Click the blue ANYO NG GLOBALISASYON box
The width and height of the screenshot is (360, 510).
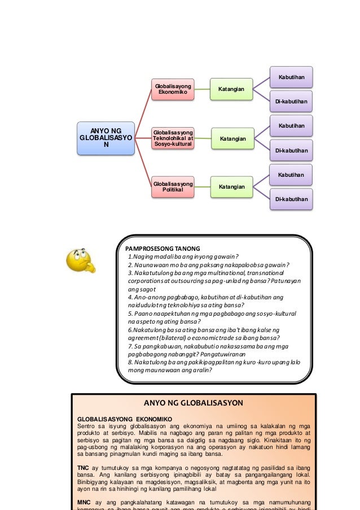click(x=99, y=138)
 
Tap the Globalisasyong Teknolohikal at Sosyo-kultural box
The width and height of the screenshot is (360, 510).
click(x=173, y=138)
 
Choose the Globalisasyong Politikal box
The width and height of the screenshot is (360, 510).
click(x=173, y=187)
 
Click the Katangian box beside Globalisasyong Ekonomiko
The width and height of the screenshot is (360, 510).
click(x=231, y=89)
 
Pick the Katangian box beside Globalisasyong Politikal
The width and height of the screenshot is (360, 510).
click(x=231, y=186)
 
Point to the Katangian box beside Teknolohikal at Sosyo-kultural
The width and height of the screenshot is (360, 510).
click(x=232, y=138)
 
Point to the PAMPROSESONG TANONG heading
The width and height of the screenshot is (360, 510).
click(x=159, y=247)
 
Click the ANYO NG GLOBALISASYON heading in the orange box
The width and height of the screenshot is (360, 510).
click(x=194, y=403)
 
